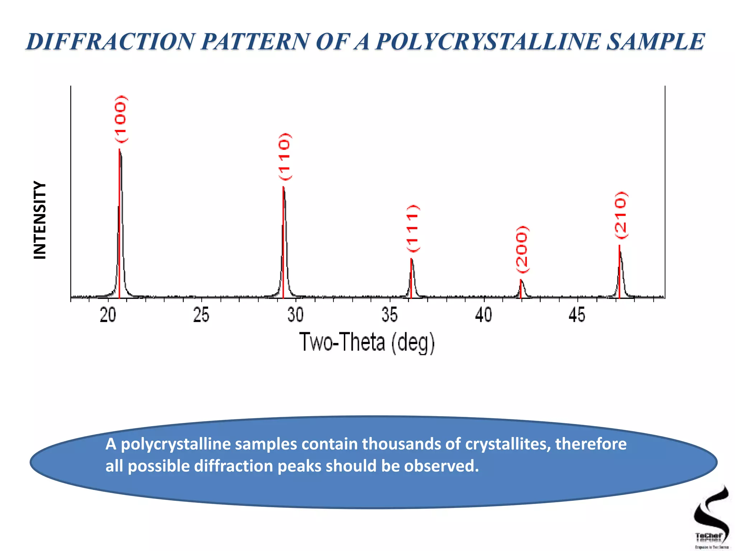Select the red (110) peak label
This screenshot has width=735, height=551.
285,156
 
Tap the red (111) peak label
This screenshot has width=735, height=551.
413,228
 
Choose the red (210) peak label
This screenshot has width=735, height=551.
621,215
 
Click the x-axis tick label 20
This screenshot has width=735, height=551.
108,315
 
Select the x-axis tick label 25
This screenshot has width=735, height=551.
201,315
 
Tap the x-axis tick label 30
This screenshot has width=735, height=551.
295,315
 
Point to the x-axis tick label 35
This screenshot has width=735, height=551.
390,315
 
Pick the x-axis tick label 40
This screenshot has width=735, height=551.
483,315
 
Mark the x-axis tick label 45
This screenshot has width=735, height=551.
577,315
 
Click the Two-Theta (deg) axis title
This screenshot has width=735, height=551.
367,342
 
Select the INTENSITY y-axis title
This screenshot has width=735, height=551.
40,220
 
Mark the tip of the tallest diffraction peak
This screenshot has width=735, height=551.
120,149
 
